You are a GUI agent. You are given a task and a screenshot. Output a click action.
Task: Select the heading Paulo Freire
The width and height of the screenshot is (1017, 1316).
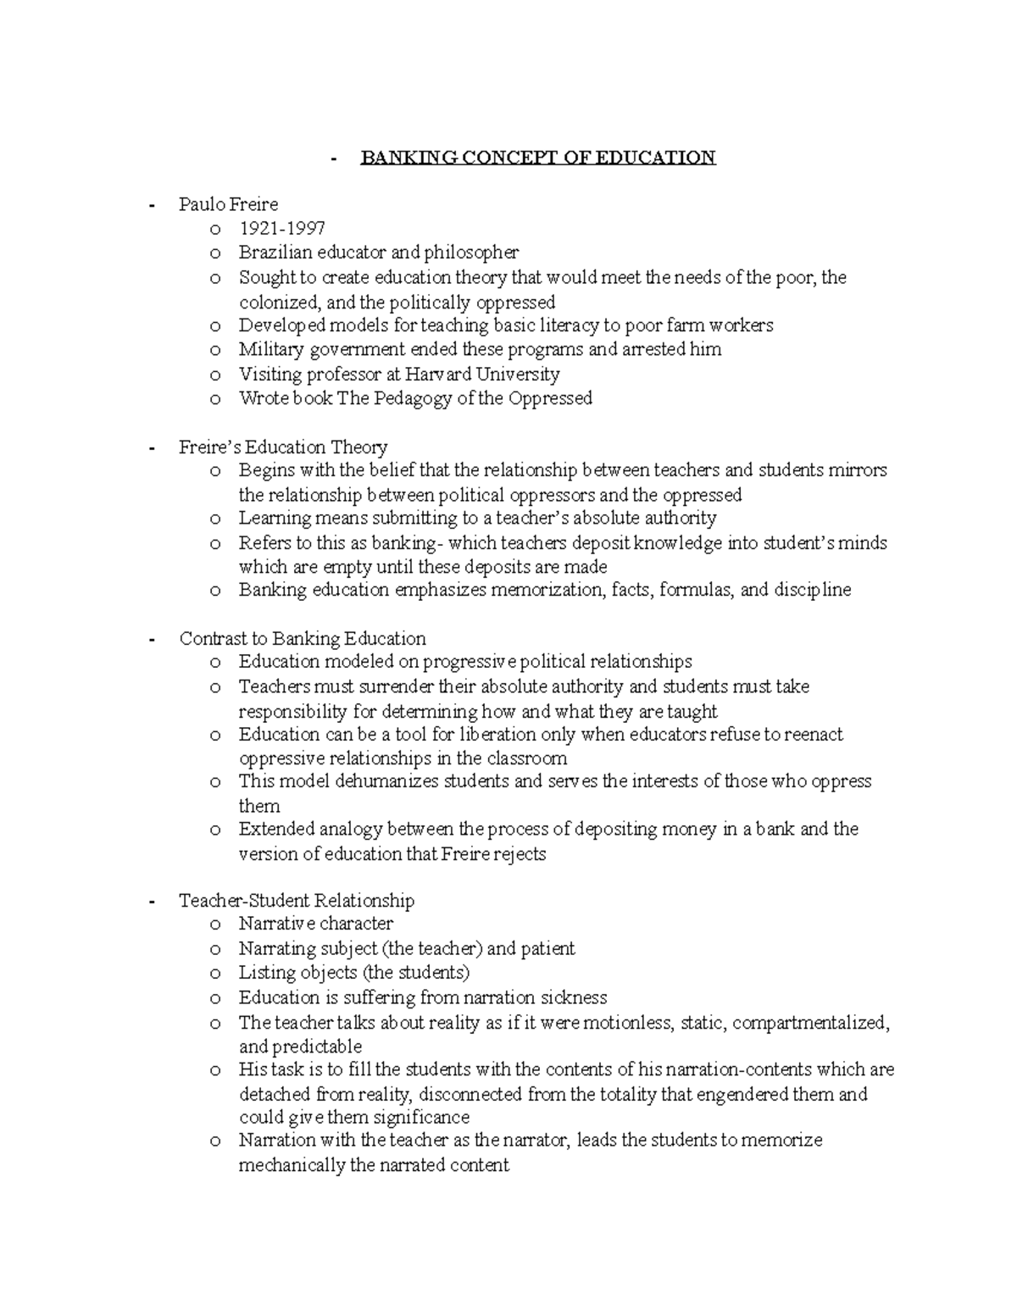(228, 204)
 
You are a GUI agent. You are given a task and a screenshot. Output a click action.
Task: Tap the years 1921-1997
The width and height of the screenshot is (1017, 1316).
(281, 229)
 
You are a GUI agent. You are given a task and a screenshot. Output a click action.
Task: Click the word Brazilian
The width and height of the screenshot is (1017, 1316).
(275, 253)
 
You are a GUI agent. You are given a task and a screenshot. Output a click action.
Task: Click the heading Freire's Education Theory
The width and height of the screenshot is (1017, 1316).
(283, 447)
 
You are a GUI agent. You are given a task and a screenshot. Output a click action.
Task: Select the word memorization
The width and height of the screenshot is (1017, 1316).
(542, 590)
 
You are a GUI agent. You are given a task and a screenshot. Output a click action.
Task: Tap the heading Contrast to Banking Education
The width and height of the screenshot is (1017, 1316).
(303, 638)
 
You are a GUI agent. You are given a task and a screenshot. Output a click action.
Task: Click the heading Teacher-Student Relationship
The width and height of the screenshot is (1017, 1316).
(297, 900)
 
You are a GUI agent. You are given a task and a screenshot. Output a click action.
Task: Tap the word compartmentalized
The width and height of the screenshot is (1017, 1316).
(811, 1023)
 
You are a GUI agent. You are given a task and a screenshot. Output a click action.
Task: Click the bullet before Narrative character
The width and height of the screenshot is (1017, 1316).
(215, 925)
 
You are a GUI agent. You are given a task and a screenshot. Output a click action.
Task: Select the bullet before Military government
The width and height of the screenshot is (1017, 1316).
(215, 351)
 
